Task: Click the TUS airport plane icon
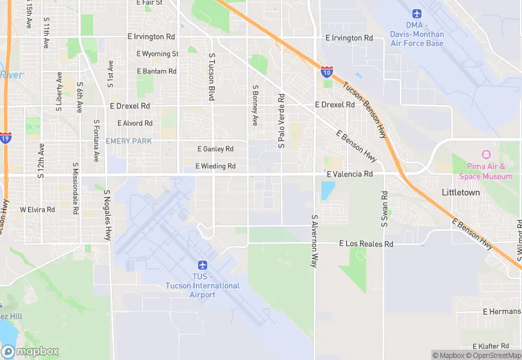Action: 202,265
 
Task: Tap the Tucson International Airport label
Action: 203,286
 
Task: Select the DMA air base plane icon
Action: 417,14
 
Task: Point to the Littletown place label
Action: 460,192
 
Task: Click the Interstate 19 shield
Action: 5,137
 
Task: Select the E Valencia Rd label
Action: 350,175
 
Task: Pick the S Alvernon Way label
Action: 315,240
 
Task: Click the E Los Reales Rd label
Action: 366,244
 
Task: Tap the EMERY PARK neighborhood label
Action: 128,141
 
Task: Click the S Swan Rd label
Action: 384,209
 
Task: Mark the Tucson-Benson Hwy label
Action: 364,108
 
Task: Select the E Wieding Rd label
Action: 215,166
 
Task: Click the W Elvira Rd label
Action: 37,210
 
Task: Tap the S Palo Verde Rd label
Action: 280,121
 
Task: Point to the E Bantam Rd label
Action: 157,71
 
